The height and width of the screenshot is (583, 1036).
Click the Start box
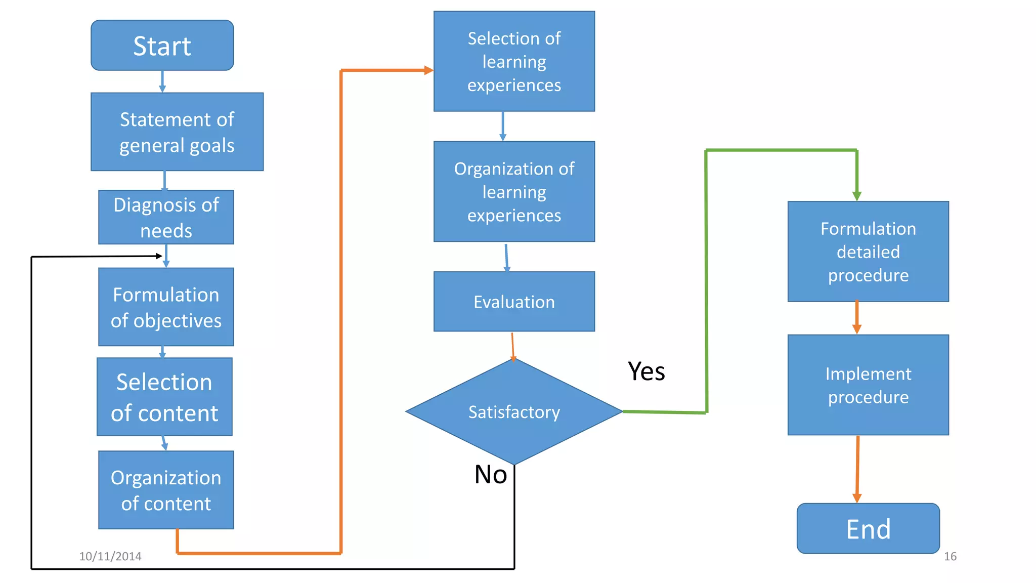pos(162,46)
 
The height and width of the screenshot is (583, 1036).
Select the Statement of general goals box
pos(177,132)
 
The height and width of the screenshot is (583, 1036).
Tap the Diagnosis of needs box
pos(166,217)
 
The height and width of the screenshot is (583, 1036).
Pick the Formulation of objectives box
pos(166,307)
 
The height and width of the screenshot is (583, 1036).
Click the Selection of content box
pos(164,397)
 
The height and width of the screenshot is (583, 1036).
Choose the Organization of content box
pos(166,490)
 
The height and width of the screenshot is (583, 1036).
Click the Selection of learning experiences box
pos(514,61)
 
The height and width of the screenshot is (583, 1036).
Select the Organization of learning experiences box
pos(514,191)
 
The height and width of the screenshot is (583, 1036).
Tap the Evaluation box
pos(514,302)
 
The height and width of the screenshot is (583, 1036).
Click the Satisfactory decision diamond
pos(514,411)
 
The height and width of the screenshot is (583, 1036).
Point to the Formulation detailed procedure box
pos(868,252)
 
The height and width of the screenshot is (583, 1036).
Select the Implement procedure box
pos(868,385)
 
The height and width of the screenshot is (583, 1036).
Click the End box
pos(868,528)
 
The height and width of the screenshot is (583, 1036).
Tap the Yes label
pos(646,371)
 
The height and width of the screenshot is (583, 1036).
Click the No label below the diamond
pos(490,475)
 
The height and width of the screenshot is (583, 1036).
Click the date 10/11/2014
pos(110,556)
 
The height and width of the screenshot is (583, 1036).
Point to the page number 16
pos(950,556)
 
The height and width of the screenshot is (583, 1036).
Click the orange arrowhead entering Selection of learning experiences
pos(428,70)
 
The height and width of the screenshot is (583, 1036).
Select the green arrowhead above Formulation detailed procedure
pos(856,196)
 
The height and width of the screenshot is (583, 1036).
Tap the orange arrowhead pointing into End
pos(857,498)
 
